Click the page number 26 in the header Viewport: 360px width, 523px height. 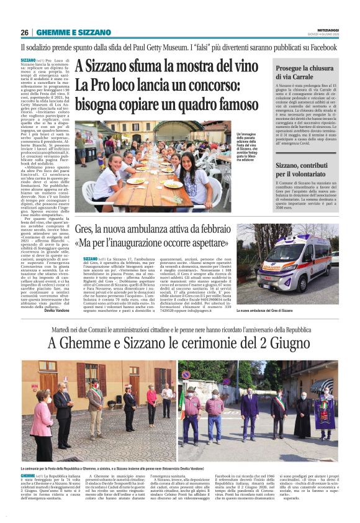pyautogui.click(x=24, y=32)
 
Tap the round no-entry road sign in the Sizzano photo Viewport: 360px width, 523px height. pyautogui.click(x=186, y=375)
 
